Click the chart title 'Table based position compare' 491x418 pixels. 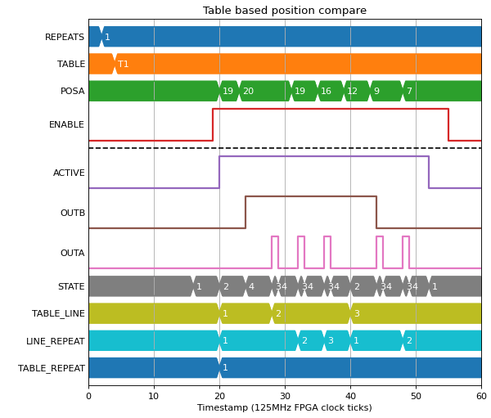[x=284, y=11]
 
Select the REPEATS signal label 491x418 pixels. [x=65, y=37]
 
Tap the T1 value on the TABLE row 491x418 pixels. [x=123, y=64]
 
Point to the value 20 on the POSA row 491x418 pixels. [x=248, y=91]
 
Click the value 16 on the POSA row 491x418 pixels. [x=326, y=91]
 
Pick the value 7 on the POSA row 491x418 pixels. [x=409, y=91]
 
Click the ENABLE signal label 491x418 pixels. [x=66, y=124]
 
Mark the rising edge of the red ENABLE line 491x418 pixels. [x=213, y=124]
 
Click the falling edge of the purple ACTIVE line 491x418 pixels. [x=429, y=172]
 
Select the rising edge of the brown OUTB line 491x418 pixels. [x=245, y=213]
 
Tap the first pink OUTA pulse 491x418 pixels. [x=275, y=253]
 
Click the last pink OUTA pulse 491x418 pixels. [x=406, y=253]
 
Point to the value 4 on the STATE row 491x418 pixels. [x=251, y=286]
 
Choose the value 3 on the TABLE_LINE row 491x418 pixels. [x=357, y=313]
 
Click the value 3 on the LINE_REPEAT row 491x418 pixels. [x=331, y=340]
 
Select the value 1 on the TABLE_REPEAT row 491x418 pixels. [x=225, y=367]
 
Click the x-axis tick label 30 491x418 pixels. [x=285, y=396]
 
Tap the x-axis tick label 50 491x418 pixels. [x=416, y=396]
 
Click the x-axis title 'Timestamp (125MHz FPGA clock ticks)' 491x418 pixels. [x=284, y=407]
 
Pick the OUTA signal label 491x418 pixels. [x=72, y=253]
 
